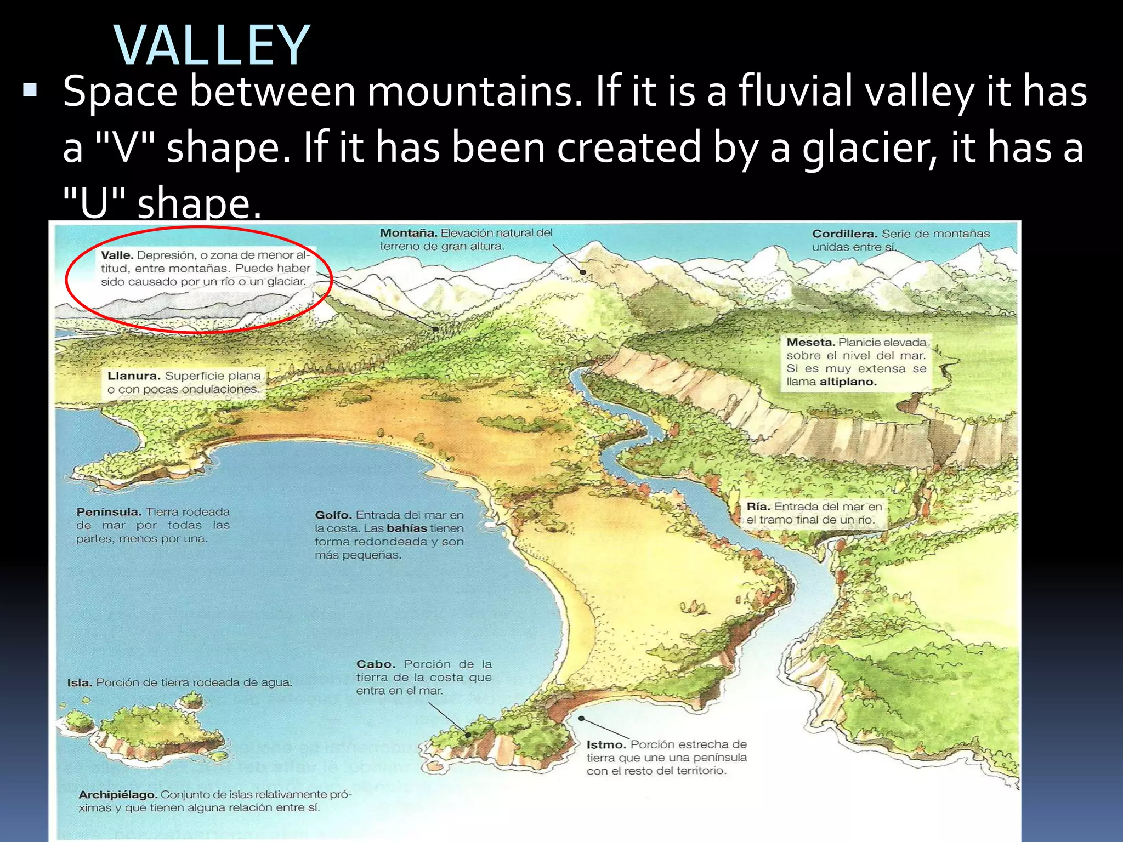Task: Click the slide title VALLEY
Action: pyautogui.click(x=212, y=46)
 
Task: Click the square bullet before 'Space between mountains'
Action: pyautogui.click(x=30, y=90)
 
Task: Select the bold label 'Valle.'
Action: pyautogui.click(x=117, y=255)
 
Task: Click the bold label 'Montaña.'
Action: pyautogui.click(x=409, y=233)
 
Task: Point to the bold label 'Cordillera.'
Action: pyautogui.click(x=845, y=234)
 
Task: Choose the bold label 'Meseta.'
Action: pyautogui.click(x=810, y=343)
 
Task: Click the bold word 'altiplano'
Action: pyautogui.click(x=848, y=382)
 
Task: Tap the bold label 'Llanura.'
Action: pyautogui.click(x=134, y=376)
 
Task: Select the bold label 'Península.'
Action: pyautogui.click(x=109, y=512)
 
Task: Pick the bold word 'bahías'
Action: pyautogui.click(x=407, y=528)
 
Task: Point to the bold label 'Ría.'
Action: pyautogui.click(x=758, y=507)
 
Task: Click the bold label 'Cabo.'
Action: pyautogui.click(x=376, y=664)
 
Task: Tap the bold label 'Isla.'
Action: pyautogui.click(x=79, y=683)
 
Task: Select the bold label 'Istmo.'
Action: pyautogui.click(x=606, y=745)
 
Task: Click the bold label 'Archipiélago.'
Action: pyautogui.click(x=118, y=795)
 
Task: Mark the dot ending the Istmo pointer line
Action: pyautogui.click(x=581, y=718)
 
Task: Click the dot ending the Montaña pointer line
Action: pyautogui.click(x=583, y=272)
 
